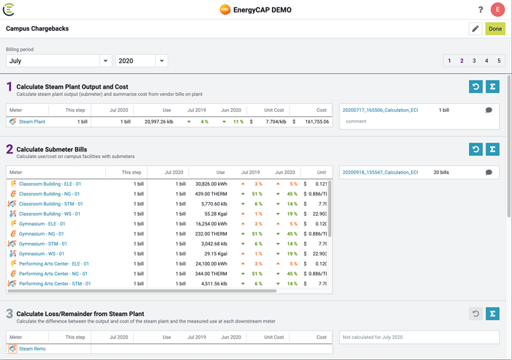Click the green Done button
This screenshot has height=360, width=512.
[x=495, y=29]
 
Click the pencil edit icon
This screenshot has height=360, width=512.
[x=475, y=29]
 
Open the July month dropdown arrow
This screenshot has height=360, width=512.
[x=105, y=61]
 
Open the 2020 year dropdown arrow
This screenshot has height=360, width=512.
[x=162, y=61]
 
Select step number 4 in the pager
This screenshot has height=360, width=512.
[x=486, y=61]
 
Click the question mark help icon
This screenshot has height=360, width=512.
[x=481, y=10]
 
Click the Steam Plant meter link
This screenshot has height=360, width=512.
[x=32, y=121]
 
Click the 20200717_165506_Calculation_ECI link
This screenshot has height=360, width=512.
[x=380, y=110]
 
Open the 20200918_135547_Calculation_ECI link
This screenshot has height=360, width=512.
[x=380, y=173]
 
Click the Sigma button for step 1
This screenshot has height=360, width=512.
[x=492, y=86]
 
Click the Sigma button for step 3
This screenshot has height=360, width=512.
[x=492, y=314]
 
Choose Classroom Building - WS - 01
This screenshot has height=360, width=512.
[x=50, y=214]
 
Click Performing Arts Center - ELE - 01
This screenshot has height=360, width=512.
[x=54, y=263]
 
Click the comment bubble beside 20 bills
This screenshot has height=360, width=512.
[x=489, y=173]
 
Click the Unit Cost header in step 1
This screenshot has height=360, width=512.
[x=274, y=110]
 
